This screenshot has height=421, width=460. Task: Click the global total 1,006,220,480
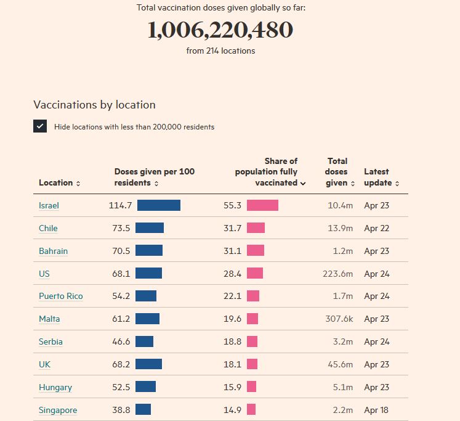pos(220,30)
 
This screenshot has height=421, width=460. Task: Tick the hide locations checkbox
pos(40,126)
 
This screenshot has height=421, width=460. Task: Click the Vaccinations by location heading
pos(94,105)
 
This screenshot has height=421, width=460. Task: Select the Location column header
pos(59,183)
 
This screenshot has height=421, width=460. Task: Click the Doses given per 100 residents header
pos(154,177)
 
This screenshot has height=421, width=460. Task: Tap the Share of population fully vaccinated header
pos(270,172)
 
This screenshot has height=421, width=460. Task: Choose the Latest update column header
pos(381,177)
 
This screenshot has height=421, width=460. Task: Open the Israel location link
pos(49,206)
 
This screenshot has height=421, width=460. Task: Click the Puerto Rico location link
pos(60,296)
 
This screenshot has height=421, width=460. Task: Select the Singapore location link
pos(58,411)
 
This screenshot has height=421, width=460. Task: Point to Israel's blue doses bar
pos(158,205)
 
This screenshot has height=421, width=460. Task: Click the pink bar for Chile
pos(256,228)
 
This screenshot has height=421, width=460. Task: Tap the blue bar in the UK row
pos(148,364)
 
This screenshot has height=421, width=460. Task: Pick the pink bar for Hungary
pos(251,387)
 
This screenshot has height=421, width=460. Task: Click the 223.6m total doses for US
pos(337,274)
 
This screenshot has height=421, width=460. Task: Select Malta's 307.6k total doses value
pos(339,319)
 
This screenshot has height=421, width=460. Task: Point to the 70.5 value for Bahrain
pos(121,251)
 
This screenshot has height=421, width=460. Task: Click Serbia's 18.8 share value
pos(232,342)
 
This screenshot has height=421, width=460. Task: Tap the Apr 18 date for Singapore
pos(376,410)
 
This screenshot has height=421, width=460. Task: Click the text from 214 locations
pos(220,51)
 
